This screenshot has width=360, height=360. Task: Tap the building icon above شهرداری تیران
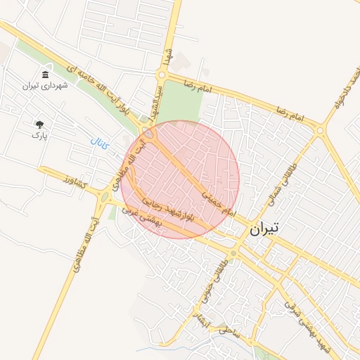pyautogui.click(x=45, y=75)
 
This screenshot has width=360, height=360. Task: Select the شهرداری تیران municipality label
pyautogui.click(x=44, y=86)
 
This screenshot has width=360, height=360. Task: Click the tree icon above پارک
pyautogui.click(x=39, y=124)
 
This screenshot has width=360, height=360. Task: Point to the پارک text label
pyautogui.click(x=39, y=134)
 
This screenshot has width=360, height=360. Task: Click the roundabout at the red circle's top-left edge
pyautogui.click(x=150, y=134)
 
